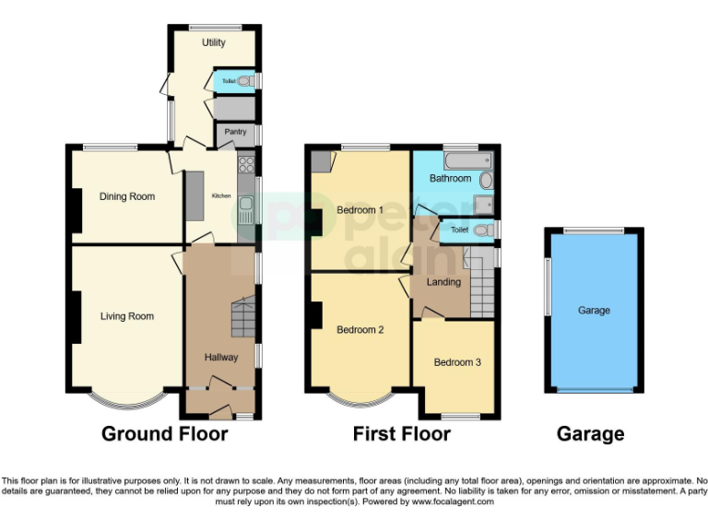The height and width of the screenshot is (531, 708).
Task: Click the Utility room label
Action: click(x=214, y=42)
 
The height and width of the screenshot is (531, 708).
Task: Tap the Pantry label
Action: click(x=236, y=133)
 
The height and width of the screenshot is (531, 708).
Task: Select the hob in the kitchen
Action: click(x=246, y=165)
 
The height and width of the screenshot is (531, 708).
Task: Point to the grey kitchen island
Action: click(x=195, y=196)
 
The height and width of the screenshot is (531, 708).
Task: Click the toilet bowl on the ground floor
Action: click(x=244, y=82)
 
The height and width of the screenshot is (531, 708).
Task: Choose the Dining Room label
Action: click(x=127, y=196)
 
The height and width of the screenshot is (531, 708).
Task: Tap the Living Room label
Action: click(x=127, y=316)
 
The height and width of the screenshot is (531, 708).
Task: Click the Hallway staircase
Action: click(x=242, y=318)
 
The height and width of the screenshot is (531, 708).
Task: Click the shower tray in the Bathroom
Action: click(x=484, y=204)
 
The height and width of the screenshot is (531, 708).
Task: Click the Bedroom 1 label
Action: click(x=360, y=210)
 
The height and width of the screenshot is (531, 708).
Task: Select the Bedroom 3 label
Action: click(x=457, y=362)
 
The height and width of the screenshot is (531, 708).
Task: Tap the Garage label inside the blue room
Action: click(x=594, y=311)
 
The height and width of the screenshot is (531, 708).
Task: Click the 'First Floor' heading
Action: click(x=402, y=433)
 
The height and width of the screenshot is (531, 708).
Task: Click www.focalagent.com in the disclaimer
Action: click(x=454, y=502)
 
